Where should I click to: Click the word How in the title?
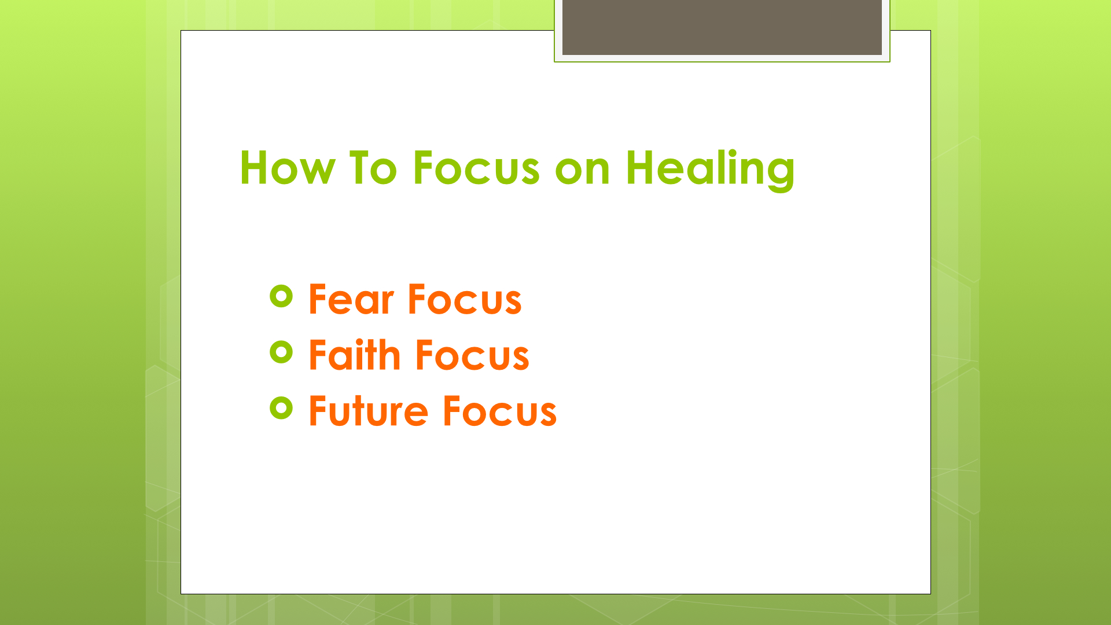click(x=287, y=168)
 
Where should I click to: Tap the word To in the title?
click(x=373, y=168)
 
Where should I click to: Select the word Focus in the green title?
click(x=476, y=168)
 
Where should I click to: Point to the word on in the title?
click(x=582, y=172)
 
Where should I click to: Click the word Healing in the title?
click(x=711, y=170)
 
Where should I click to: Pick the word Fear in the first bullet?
click(x=351, y=299)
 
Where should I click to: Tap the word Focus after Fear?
click(x=465, y=299)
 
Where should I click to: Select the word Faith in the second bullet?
click(x=355, y=354)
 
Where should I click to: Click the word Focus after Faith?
click(x=472, y=355)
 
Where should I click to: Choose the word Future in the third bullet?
click(x=369, y=411)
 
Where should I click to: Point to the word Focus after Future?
click(x=500, y=411)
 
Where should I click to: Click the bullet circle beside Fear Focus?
click(x=281, y=297)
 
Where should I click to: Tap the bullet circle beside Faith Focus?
click(x=281, y=352)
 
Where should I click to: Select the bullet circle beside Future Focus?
click(x=281, y=408)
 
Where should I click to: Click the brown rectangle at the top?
click(x=722, y=27)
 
